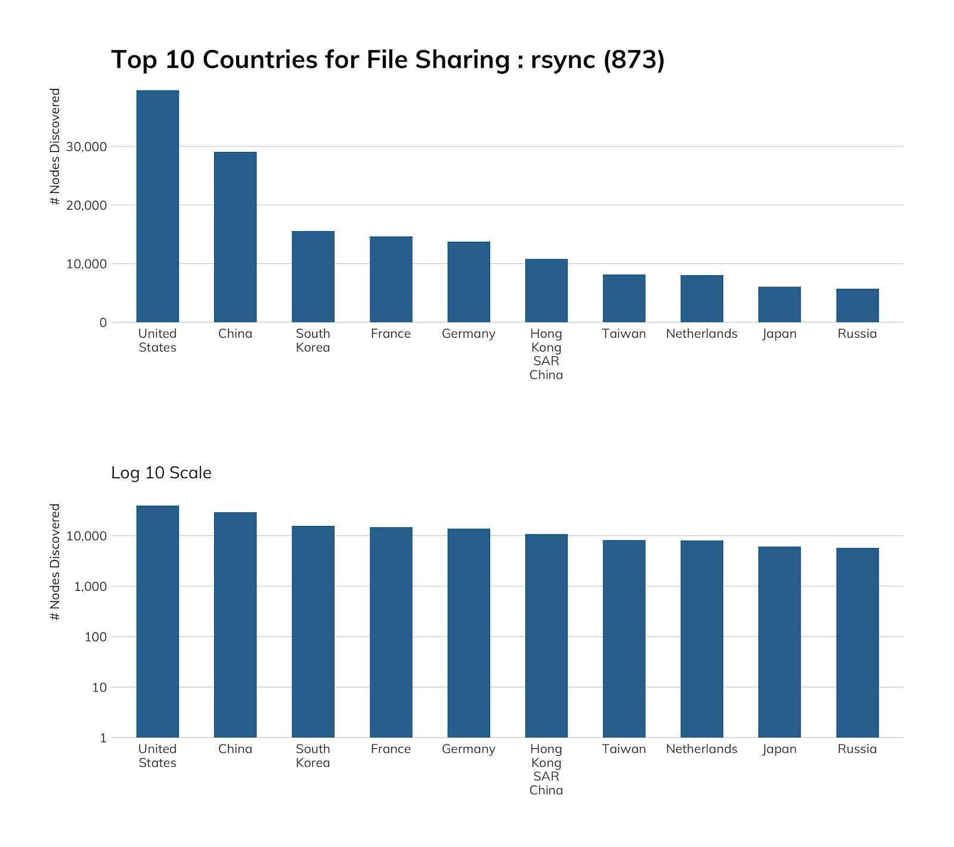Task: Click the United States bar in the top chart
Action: coord(157,206)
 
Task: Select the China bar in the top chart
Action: coord(235,237)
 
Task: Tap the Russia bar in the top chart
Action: coord(857,306)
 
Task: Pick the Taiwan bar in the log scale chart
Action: coord(624,639)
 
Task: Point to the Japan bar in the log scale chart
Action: coord(779,642)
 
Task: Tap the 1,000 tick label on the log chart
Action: coord(89,587)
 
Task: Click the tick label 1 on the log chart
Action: coord(103,738)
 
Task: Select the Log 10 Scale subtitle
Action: coord(161,473)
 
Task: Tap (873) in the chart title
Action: coord(634,60)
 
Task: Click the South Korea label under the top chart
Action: coord(313,341)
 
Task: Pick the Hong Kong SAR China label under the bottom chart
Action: coord(546,770)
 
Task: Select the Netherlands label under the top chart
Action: coord(701,334)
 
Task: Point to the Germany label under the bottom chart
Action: coord(468,749)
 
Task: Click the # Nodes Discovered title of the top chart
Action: coord(55,147)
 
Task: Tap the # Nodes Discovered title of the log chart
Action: coord(55,562)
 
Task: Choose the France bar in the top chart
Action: coord(391,279)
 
